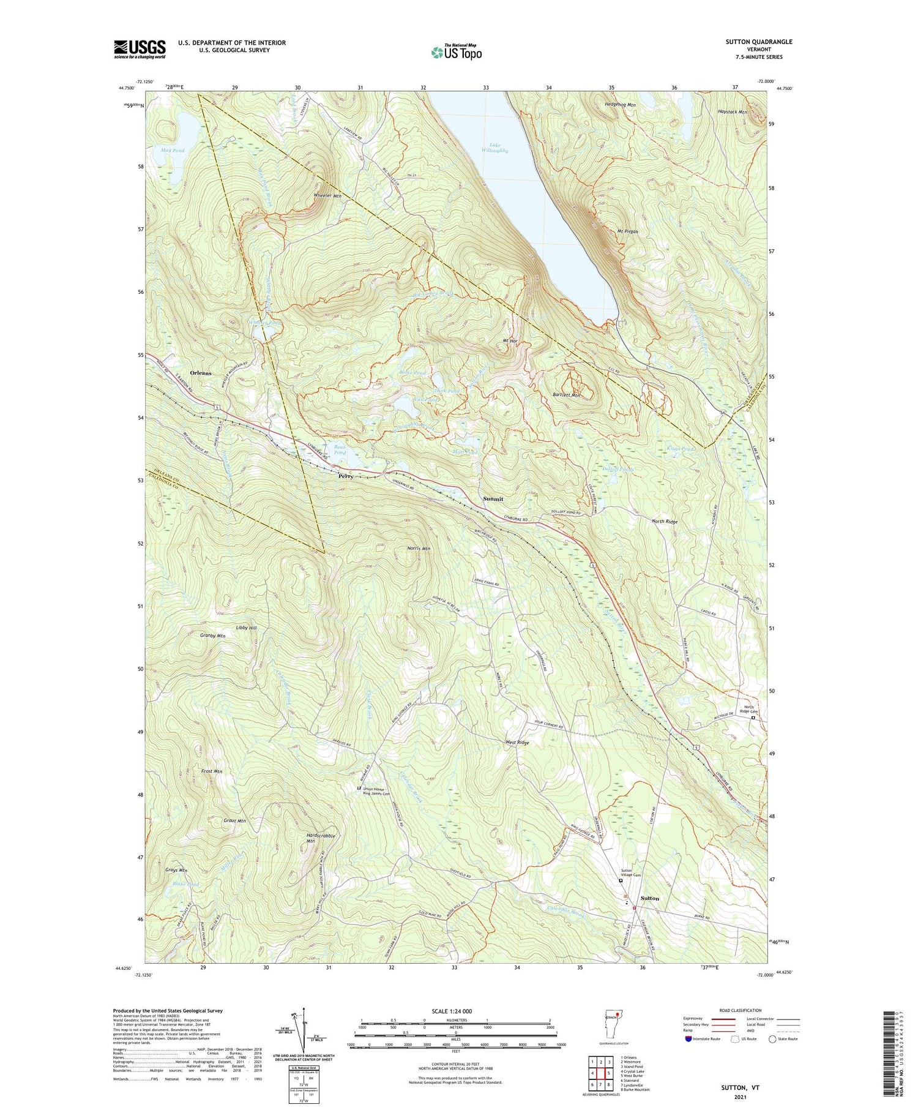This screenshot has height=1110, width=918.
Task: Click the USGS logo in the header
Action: pyautogui.click(x=140, y=49)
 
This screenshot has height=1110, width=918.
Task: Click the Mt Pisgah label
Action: pyautogui.click(x=627, y=231)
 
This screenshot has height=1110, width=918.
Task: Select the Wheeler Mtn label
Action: pyautogui.click(x=327, y=196)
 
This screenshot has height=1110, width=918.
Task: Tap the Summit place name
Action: pyautogui.click(x=493, y=499)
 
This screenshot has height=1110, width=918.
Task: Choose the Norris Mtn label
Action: pyautogui.click(x=418, y=549)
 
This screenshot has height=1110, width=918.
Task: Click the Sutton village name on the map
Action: pyautogui.click(x=649, y=898)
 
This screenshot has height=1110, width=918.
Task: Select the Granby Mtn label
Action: pyautogui.click(x=212, y=636)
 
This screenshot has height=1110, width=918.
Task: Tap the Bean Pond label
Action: pyautogui.click(x=340, y=450)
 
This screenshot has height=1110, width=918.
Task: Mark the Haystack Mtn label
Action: pyautogui.click(x=732, y=113)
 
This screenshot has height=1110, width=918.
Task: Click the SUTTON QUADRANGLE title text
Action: pyautogui.click(x=758, y=42)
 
